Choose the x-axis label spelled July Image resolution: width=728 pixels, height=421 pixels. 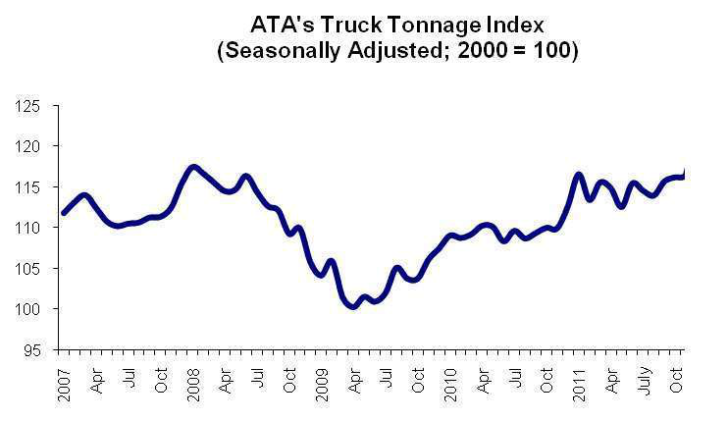pos(643,379)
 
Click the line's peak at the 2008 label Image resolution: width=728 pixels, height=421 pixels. pos(193,167)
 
